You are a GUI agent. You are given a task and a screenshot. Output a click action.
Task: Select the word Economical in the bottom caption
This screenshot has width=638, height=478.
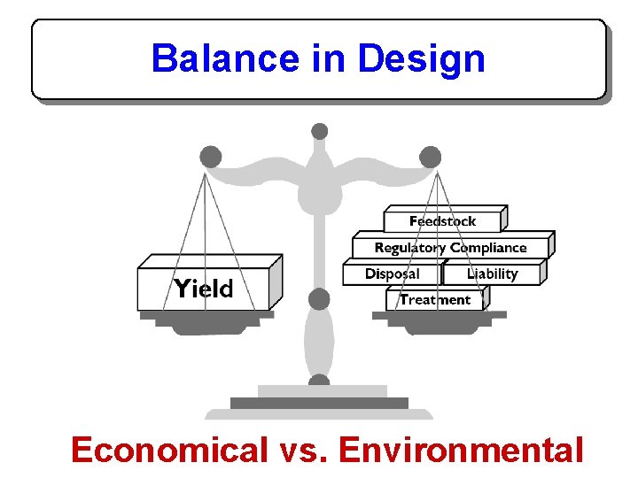coord(168,451)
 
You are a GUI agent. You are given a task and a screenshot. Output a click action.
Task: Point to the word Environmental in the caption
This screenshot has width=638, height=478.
coord(461,451)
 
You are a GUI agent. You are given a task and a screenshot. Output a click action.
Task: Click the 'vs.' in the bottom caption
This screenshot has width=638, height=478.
coord(302,451)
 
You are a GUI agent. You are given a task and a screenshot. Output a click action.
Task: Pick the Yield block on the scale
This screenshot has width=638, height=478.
coord(204,289)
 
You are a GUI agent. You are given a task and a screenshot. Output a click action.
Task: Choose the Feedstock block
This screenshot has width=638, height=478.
coord(443,221)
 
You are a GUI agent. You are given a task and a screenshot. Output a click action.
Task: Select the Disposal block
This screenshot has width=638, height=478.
coord(393,274)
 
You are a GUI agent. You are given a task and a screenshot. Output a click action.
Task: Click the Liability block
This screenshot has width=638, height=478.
coord(493,274)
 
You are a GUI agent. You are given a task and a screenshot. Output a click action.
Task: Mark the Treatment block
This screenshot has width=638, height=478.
coord(435,300)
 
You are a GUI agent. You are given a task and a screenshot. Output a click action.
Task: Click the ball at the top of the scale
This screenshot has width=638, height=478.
coord(320,131)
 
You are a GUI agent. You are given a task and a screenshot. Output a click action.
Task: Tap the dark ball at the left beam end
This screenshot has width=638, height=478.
coord(211,158)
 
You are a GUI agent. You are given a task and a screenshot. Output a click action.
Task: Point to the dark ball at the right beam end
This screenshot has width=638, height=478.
coord(431,158)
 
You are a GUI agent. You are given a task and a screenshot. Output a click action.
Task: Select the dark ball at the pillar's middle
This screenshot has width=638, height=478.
coord(319,299)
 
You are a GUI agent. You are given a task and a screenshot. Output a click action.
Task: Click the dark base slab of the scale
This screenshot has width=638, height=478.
coord(319,403)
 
